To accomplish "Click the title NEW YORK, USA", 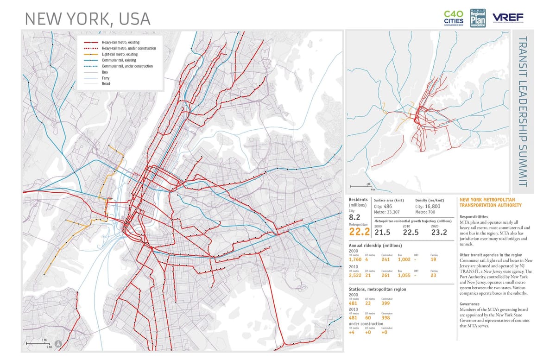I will tap(87, 19).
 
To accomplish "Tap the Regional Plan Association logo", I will tap(478, 17).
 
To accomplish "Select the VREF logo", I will tap(507, 18).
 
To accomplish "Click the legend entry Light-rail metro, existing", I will tap(119, 54).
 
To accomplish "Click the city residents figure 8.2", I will tap(355, 217).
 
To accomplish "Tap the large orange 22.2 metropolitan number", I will tap(359, 232).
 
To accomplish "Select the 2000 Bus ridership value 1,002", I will tap(404, 259).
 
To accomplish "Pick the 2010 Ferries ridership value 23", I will tap(433, 276).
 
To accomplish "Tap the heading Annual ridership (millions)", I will tap(375, 245).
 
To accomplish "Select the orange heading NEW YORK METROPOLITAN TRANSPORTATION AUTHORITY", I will tap(490, 202).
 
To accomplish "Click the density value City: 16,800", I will tap(428, 206).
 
